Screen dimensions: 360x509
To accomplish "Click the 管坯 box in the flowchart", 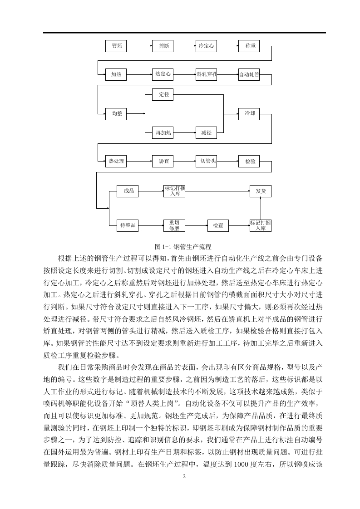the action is [x=116, y=46].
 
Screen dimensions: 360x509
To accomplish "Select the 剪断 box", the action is [x=163, y=46].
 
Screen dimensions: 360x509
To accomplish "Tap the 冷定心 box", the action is [x=206, y=46].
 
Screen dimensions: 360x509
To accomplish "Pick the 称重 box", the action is [x=249, y=46].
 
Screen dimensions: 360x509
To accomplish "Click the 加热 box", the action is [x=116, y=74].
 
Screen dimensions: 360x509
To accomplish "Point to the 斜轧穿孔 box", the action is [x=206, y=74].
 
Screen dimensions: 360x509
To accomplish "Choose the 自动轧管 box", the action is [x=249, y=74].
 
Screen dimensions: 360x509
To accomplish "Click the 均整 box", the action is [x=116, y=113].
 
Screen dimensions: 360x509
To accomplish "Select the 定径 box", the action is [x=163, y=94].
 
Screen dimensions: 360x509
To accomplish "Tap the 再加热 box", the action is [x=163, y=132].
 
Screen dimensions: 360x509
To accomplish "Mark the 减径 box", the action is [x=206, y=132].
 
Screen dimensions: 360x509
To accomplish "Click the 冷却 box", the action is [x=249, y=113].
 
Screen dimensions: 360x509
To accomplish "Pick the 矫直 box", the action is [x=163, y=161].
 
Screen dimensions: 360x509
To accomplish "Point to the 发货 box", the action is [x=261, y=191].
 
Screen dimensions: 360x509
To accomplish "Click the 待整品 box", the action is [x=128, y=225].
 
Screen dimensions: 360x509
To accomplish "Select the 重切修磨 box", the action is [x=174, y=225].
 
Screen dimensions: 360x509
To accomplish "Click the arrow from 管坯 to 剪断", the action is [x=140, y=46].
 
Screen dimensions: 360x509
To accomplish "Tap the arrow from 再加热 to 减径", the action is [x=185, y=132].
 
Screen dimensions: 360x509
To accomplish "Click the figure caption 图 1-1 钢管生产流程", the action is [x=183, y=247].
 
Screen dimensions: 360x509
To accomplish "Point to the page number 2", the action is [x=184, y=476].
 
